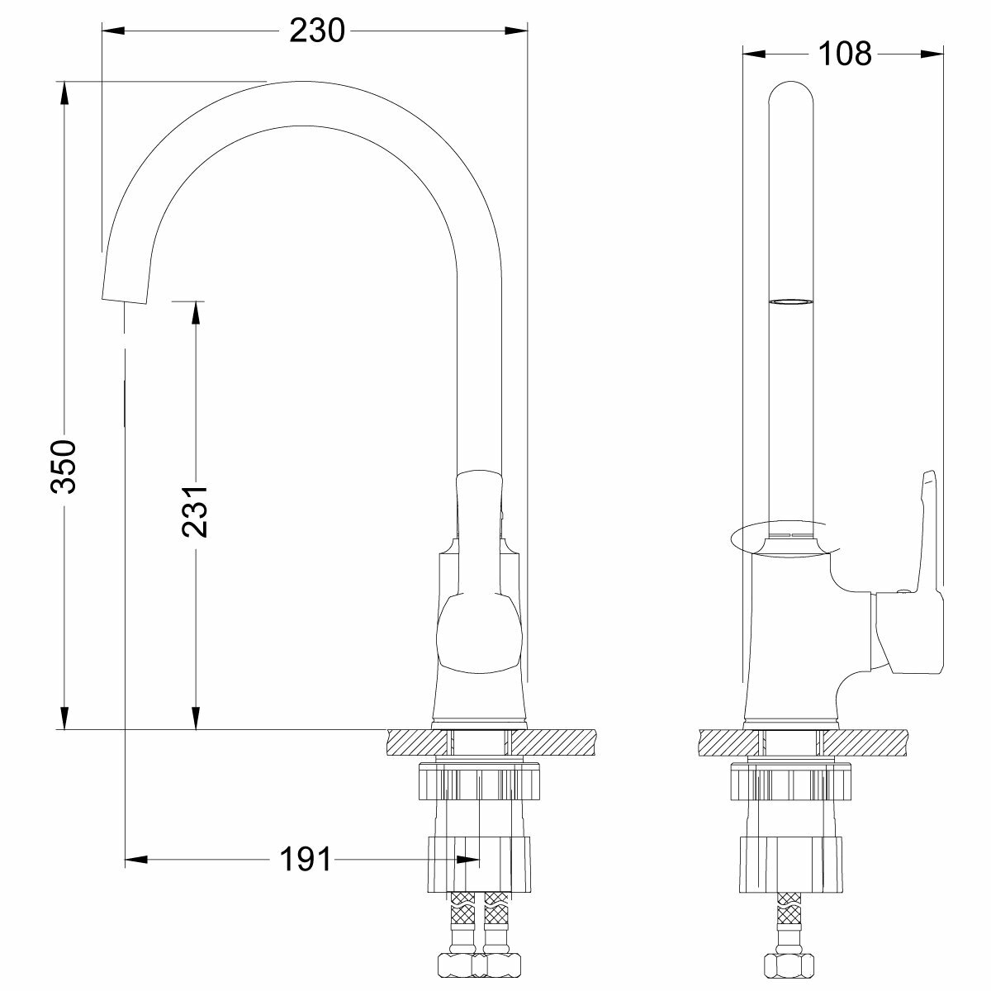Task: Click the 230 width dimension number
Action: (317, 31)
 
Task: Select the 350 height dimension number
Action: (64, 467)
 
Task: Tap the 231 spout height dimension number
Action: (194, 510)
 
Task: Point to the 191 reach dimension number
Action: (306, 859)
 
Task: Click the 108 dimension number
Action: (845, 54)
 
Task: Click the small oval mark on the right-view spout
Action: (791, 302)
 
